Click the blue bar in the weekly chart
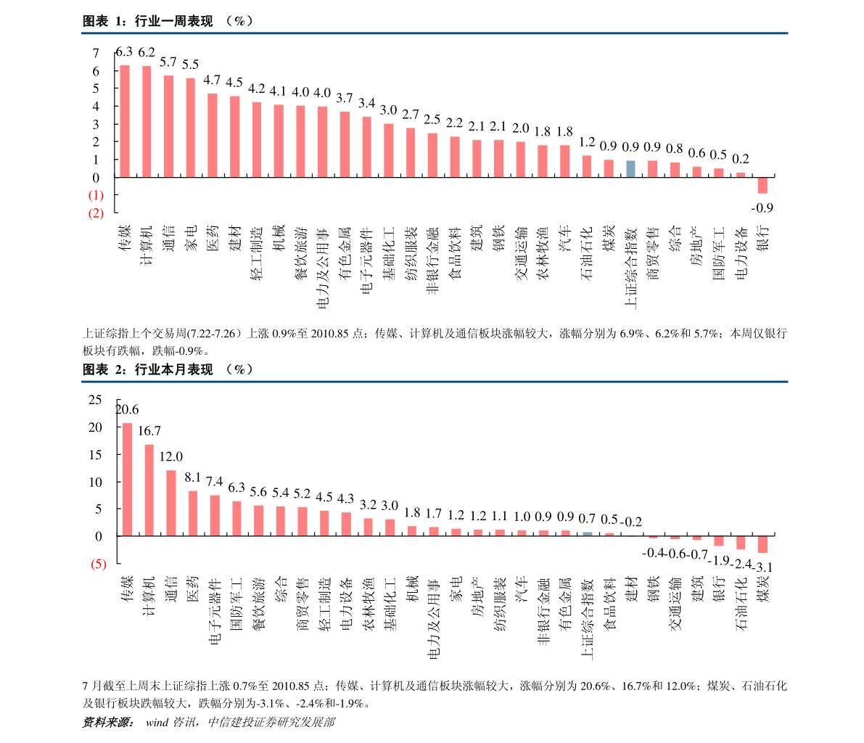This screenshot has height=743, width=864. tap(630, 168)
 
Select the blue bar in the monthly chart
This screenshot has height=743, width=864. tap(588, 533)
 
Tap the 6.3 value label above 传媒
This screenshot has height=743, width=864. tap(125, 52)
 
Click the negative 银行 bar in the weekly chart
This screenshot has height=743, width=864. tap(762, 185)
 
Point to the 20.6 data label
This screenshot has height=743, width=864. tap(127, 409)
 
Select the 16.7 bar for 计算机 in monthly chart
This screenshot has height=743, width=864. tap(149, 490)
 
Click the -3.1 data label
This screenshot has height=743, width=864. tap(764, 567)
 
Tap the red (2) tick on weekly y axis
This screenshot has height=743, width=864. tap(96, 213)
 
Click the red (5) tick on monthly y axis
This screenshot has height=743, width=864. tap(98, 564)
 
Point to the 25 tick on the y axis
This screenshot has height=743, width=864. tap(95, 400)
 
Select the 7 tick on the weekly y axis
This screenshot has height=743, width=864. tap(96, 53)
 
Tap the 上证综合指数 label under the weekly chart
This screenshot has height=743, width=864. tap(631, 267)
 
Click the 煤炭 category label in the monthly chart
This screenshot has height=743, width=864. tap(763, 589)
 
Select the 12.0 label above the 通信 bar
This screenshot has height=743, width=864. tap(170, 456)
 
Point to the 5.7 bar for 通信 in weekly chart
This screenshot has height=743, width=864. tap(168, 126)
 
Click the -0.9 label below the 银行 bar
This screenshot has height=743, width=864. tap(762, 208)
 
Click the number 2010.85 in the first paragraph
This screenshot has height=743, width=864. tap(329, 334)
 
